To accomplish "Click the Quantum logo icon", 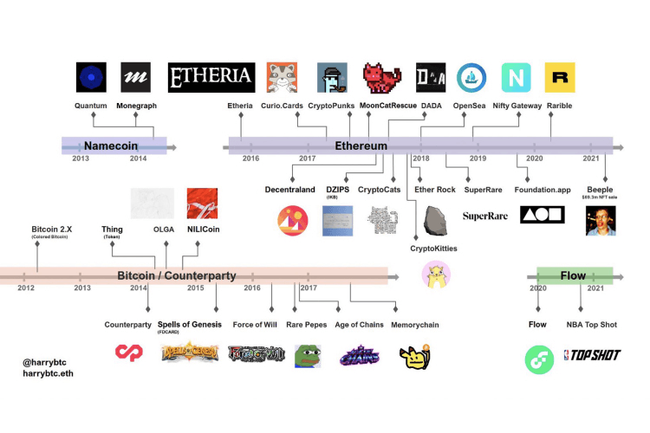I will (x=91, y=77).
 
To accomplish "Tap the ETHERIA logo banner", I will (x=211, y=78).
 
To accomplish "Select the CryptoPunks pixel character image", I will (x=333, y=78).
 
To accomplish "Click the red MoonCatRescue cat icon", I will (x=381, y=78).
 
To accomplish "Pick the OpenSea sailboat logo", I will (x=471, y=78).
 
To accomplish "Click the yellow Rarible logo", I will (x=560, y=78).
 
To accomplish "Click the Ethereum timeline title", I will (x=361, y=146).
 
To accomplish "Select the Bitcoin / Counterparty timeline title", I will (x=177, y=275).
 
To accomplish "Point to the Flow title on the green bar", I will (x=573, y=275).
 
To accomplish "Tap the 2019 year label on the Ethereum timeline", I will (x=478, y=158).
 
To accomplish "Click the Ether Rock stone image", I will (x=432, y=223).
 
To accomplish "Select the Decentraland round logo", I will (x=293, y=222).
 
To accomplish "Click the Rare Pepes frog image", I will (x=308, y=353).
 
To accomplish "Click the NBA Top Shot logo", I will (x=591, y=355).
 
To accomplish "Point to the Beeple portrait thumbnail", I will (x=601, y=223).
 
